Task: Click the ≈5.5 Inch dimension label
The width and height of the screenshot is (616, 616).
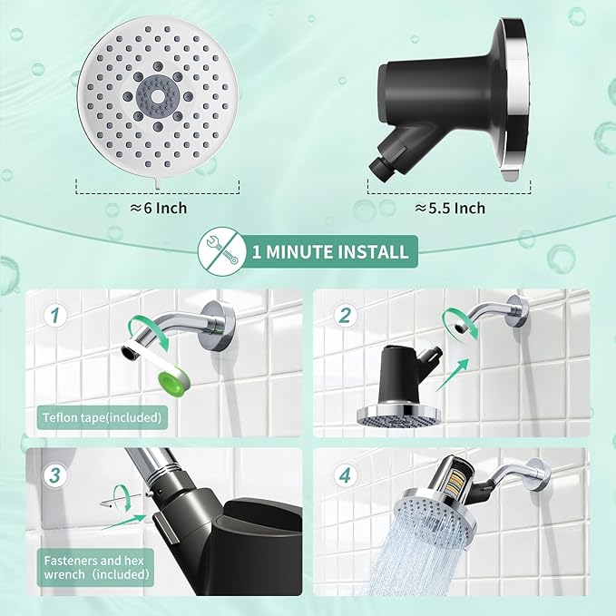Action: coord(450,209)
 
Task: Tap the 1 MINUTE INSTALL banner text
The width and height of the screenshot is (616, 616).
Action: coord(331,250)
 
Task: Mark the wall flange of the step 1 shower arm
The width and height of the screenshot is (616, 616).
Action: coord(221,321)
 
